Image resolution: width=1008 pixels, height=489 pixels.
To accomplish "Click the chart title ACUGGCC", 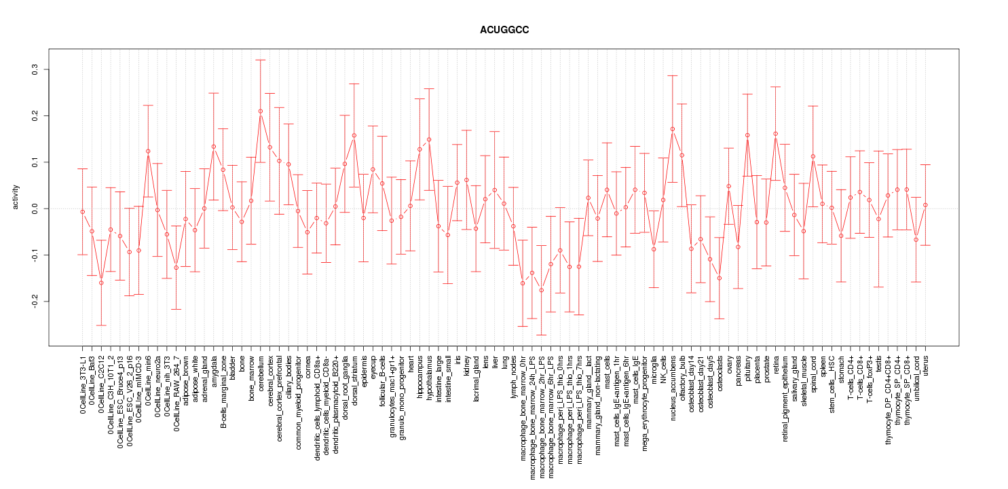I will pos(504,31).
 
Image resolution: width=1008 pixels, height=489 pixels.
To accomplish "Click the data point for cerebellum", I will pos(261,111).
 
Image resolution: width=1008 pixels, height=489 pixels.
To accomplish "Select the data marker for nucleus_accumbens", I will pos(673,129).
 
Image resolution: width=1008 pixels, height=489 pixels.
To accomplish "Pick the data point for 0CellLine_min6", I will pos(148,151).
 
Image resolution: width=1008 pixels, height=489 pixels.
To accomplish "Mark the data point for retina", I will pos(776,134).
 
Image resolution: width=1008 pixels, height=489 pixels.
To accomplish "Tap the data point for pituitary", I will pos(747,135).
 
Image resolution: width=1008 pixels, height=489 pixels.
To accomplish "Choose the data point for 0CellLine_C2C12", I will pos(101,283).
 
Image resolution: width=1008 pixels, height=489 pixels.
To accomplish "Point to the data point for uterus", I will pos(925,205).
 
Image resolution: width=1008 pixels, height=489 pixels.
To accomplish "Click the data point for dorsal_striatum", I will pos(354,135).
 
